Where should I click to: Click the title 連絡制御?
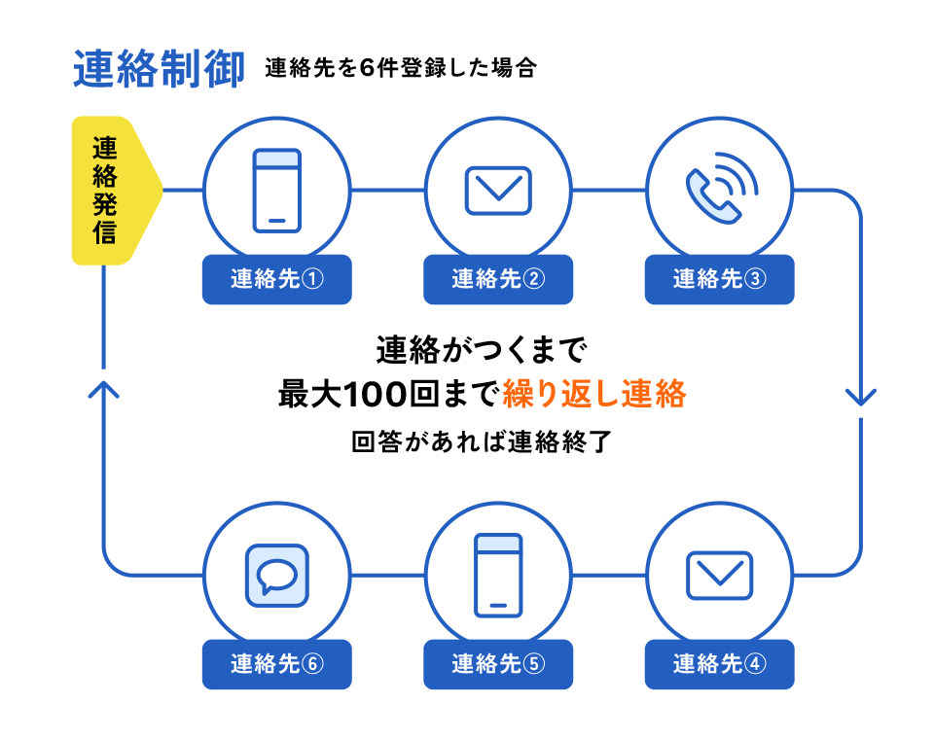159,70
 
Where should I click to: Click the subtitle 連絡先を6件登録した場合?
400,70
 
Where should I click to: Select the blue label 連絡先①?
276,279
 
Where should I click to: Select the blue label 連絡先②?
498,279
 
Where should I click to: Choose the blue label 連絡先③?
720,279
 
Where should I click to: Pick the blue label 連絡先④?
720,664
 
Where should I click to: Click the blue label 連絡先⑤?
498,664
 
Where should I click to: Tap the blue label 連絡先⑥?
276,664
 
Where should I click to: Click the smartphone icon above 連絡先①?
277,191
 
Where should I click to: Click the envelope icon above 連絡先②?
498,191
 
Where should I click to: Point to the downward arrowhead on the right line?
861,397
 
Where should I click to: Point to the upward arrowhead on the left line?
103,389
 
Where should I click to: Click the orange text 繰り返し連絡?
594,394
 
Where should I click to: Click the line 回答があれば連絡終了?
481,442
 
